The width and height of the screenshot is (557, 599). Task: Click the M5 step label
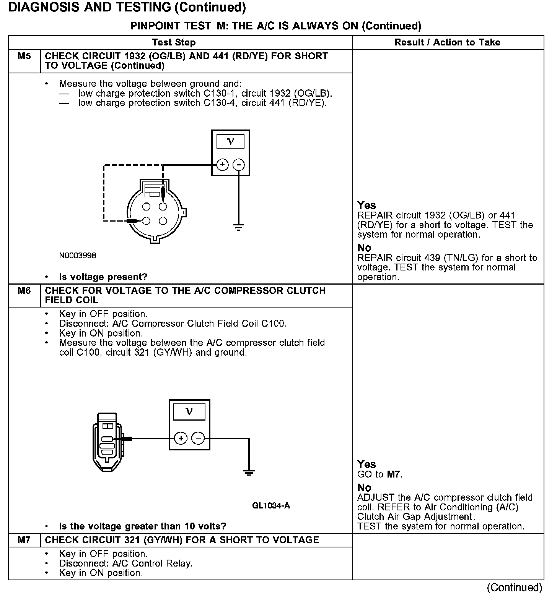[24, 56]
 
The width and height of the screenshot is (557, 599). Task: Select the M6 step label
[24, 291]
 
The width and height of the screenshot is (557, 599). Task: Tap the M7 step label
[24, 540]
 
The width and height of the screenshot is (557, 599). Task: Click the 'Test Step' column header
[174, 42]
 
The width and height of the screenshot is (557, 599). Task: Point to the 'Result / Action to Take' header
[447, 42]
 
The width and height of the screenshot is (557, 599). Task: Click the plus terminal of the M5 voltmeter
[222, 165]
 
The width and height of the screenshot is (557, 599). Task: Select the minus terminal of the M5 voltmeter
[238, 165]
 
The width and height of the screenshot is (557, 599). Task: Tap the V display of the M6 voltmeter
[189, 412]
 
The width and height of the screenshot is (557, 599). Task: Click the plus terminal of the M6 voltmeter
[181, 438]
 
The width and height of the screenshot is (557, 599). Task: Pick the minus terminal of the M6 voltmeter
[198, 438]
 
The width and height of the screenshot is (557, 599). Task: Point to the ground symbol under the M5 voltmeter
[238, 228]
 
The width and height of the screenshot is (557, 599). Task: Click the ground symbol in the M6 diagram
[249, 473]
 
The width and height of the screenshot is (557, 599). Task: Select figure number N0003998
[78, 256]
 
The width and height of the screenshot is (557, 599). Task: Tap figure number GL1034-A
[271, 506]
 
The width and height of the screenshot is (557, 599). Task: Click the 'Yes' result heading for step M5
[366, 205]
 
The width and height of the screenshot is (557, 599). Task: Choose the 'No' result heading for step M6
[364, 488]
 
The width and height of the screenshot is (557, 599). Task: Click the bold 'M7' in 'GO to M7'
[394, 474]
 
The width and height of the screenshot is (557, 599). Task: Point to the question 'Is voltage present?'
[103, 277]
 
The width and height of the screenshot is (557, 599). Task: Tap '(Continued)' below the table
[515, 587]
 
